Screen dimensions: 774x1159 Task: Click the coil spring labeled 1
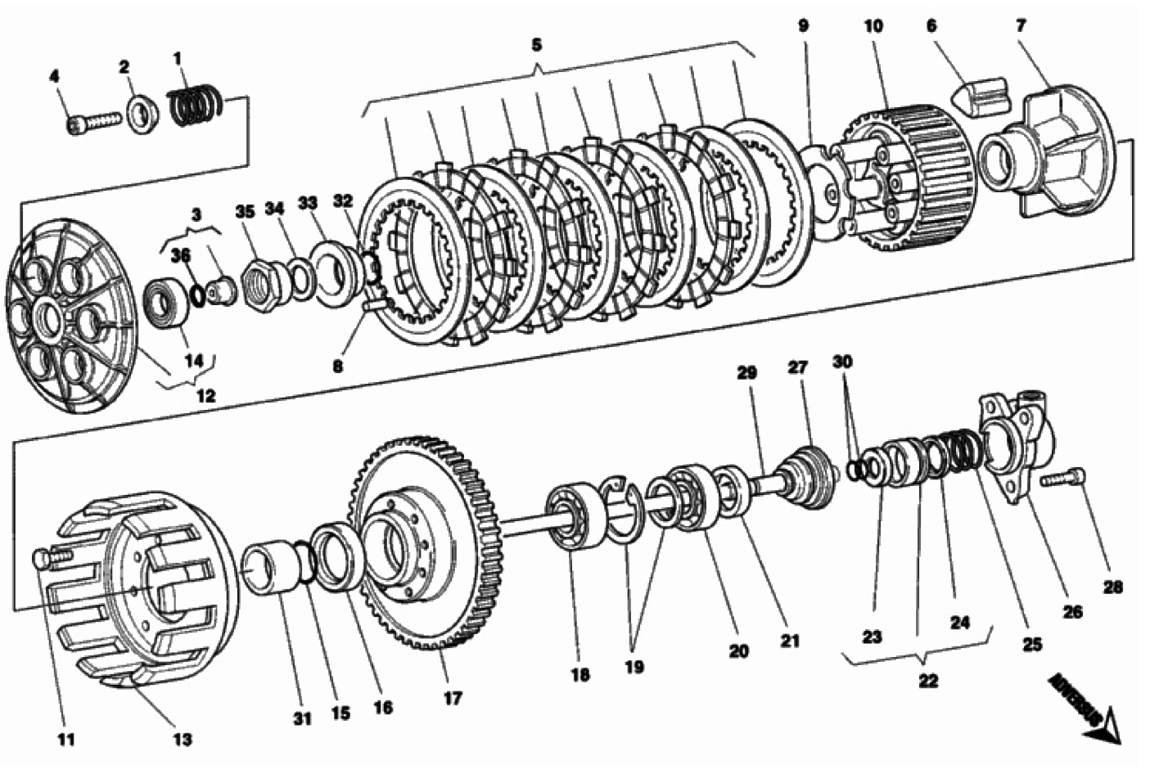coord(196,107)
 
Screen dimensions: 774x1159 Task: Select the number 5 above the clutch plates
coord(536,45)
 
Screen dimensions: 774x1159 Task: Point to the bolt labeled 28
coord(1064,478)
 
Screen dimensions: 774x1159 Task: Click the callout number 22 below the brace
coord(927,681)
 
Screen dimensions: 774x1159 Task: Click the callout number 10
coord(873,25)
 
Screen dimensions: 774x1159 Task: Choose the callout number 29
coord(746,372)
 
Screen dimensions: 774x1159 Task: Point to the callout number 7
coord(1021,25)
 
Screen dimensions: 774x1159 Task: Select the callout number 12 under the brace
coord(205,396)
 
